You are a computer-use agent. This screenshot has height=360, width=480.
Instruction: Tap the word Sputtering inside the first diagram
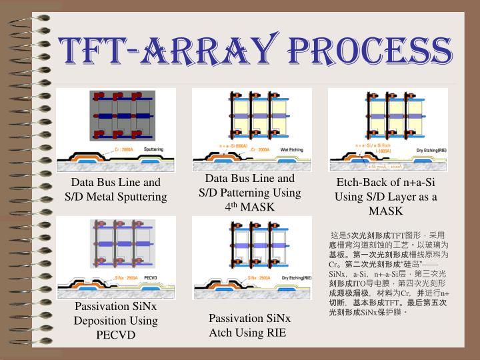(x=154, y=149)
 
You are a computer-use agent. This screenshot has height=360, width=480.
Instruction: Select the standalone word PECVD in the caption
(x=115, y=335)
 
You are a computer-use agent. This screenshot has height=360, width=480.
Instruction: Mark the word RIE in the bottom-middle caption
(x=275, y=332)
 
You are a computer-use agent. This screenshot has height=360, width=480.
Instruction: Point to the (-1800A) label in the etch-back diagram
(x=386, y=151)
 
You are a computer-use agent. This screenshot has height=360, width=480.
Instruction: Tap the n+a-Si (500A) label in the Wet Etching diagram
(x=233, y=145)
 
